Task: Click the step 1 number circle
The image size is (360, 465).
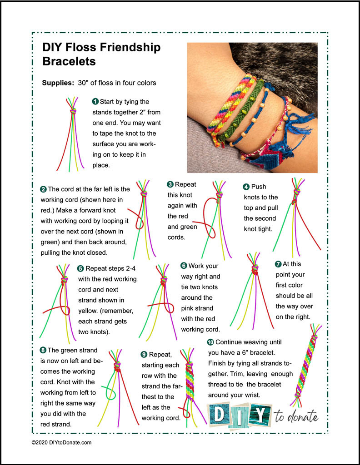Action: (x=95, y=101)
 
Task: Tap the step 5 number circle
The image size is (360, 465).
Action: (x=80, y=268)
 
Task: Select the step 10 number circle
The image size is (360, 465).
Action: (x=210, y=342)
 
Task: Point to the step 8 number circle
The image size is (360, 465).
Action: (x=43, y=350)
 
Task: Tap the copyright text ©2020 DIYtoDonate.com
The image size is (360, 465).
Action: (x=61, y=442)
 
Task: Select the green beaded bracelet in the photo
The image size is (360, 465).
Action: (x=243, y=109)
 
